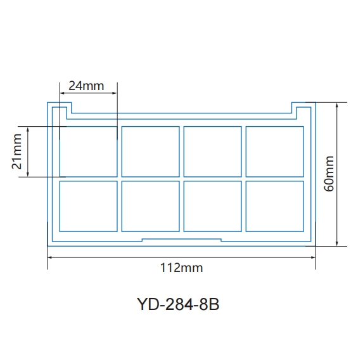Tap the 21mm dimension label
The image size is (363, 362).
[x=17, y=152]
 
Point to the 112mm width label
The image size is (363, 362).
[x=182, y=268]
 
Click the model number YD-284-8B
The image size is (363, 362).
[x=178, y=304]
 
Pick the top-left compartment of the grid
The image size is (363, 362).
[x=89, y=151]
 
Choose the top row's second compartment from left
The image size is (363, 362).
[x=151, y=151]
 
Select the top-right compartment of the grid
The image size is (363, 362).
[x=274, y=151]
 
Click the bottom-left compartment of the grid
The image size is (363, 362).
[x=89, y=206]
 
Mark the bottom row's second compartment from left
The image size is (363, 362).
[x=151, y=206]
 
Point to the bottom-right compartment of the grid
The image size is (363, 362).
[x=274, y=206]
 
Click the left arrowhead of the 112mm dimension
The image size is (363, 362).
[x=51, y=257]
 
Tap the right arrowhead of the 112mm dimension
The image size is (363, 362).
[x=313, y=257]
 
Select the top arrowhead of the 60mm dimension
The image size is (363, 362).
[x=338, y=105]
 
